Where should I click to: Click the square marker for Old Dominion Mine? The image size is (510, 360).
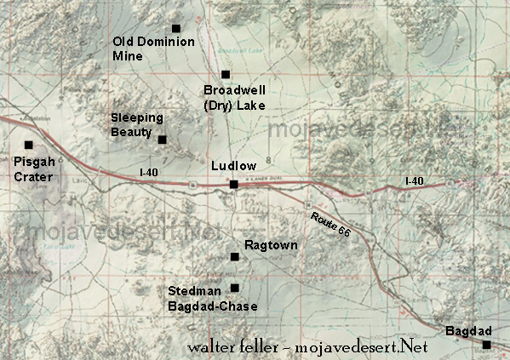[x=176, y=29]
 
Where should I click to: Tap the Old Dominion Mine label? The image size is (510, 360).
[x=154, y=49]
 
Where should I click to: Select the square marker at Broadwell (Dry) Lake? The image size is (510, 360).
[x=226, y=75]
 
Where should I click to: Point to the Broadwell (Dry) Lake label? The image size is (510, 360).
[x=235, y=97]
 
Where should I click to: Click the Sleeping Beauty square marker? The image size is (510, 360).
[x=163, y=140]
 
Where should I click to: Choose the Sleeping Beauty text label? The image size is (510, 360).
[x=137, y=124]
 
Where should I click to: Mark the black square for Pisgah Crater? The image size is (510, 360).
[x=29, y=145]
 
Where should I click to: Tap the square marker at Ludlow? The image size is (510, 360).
[x=233, y=184]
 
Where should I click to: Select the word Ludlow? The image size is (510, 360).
[x=232, y=165]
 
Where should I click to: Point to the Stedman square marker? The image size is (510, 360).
[x=235, y=288]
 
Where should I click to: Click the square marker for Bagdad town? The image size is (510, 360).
[x=486, y=345]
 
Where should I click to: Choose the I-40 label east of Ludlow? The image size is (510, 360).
[x=414, y=181]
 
